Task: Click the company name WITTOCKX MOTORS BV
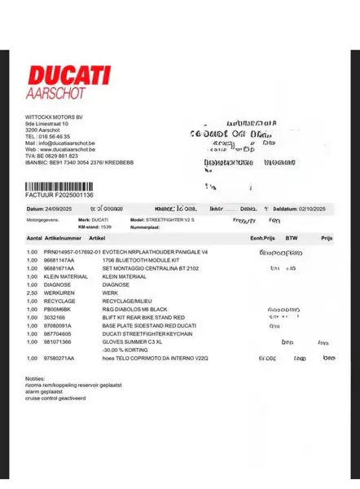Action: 53,117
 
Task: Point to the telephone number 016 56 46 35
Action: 55,136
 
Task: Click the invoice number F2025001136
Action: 73,196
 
